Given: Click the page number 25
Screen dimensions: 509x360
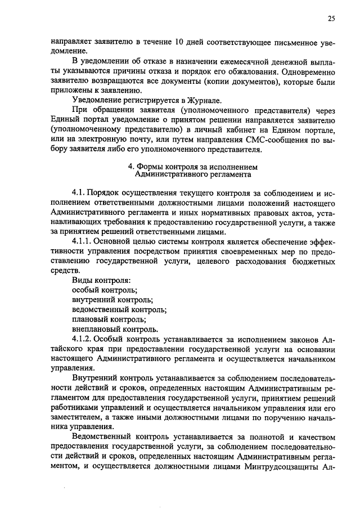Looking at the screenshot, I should click(x=331, y=19).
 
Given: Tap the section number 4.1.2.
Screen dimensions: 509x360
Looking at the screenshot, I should click(x=84, y=339).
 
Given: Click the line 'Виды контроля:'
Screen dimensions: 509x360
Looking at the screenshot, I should click(x=101, y=280).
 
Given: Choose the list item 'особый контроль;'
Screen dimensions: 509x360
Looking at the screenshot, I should click(x=105, y=290).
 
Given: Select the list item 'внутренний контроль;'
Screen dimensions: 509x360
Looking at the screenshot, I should click(x=112, y=300).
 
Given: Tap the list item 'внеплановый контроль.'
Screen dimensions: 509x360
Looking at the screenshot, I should click(x=115, y=329).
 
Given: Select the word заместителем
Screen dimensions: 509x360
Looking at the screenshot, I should click(x=75, y=417).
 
